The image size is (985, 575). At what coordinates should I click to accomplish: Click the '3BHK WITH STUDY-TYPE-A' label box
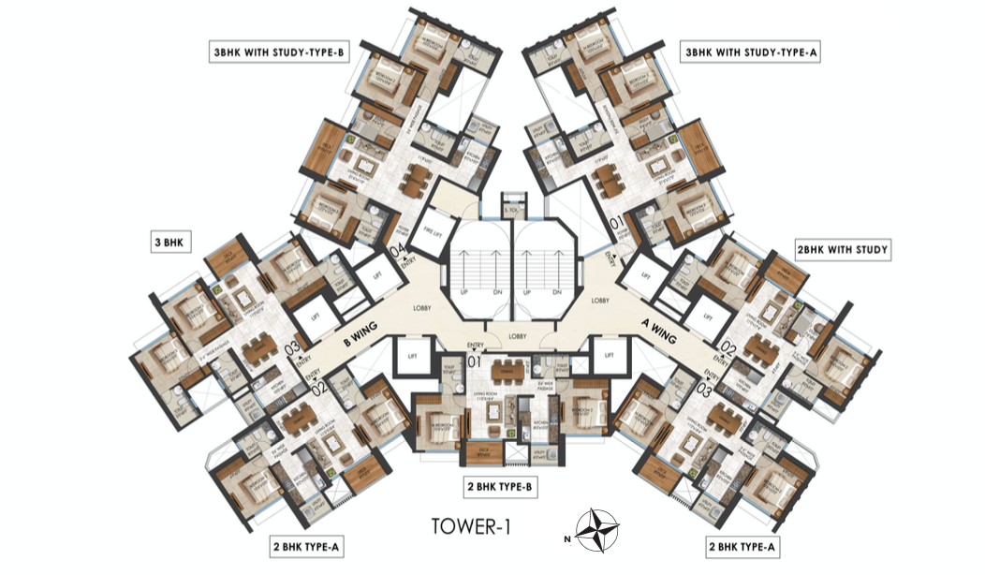[753, 53]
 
